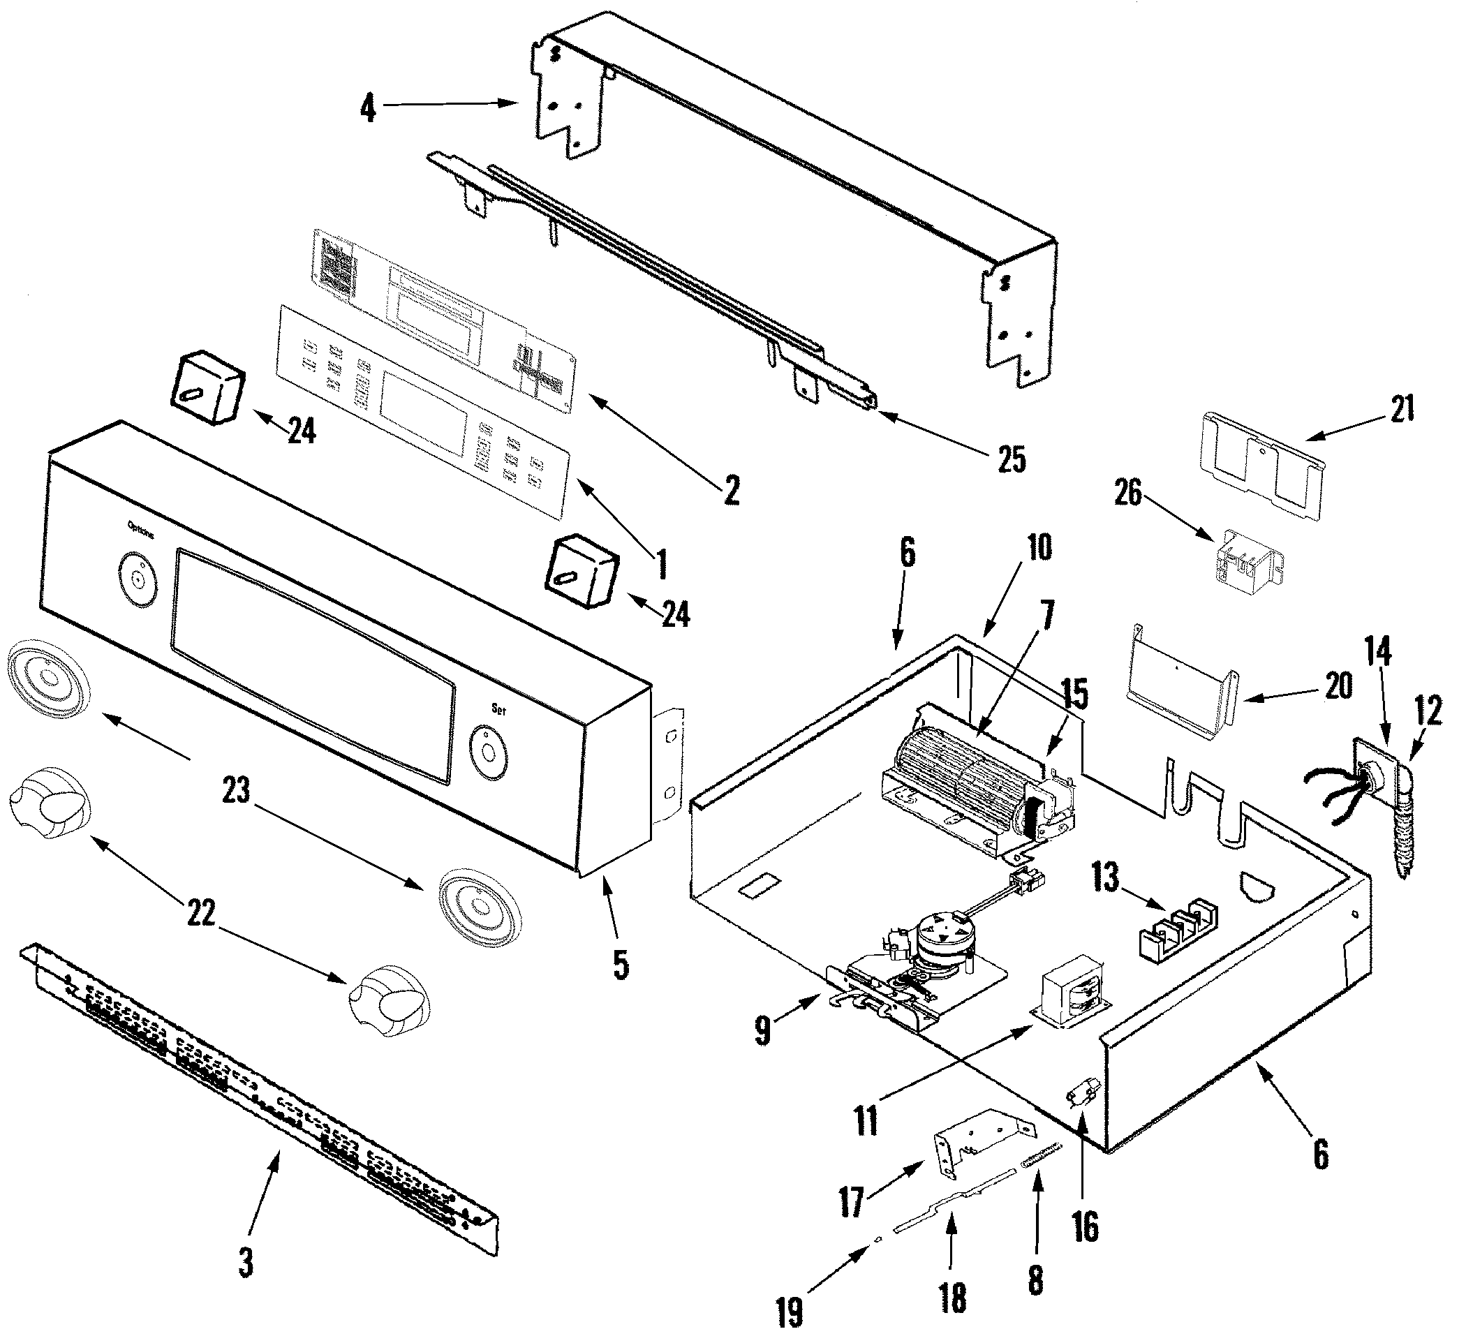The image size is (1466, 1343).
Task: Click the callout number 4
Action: click(x=369, y=108)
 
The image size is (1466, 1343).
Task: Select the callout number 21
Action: click(x=1402, y=408)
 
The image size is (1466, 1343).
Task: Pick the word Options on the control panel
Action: click(x=140, y=529)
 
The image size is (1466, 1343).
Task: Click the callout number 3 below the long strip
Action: click(x=246, y=1263)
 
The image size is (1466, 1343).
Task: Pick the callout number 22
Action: click(x=201, y=914)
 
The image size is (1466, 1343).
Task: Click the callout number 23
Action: click(x=236, y=790)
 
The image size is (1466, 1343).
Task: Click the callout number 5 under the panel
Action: click(x=621, y=965)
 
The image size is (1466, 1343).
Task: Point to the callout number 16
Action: click(x=1085, y=1228)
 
